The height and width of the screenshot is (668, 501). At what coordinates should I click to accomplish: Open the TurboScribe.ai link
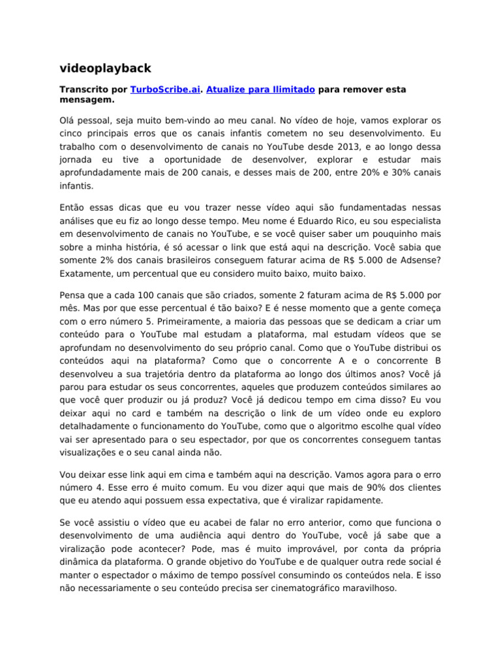click(x=165, y=89)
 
